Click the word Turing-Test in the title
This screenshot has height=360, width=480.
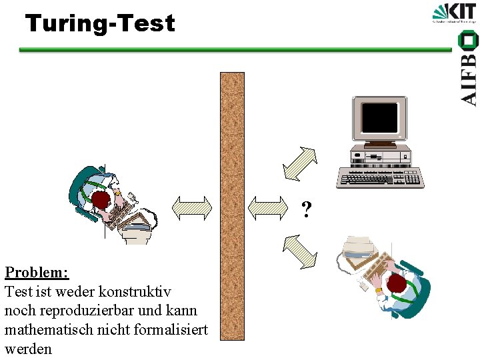click(100, 24)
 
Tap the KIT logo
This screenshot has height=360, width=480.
click(454, 13)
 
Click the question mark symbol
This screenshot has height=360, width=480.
click(306, 210)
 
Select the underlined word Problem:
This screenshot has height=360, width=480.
click(37, 272)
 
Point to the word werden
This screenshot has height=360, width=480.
click(28, 348)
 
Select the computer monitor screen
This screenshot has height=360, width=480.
click(379, 119)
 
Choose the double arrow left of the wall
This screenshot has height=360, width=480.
click(191, 207)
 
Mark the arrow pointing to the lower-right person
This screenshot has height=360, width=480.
click(300, 251)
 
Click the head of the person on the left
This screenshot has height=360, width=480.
click(101, 201)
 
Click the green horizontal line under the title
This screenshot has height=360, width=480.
click(233, 49)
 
